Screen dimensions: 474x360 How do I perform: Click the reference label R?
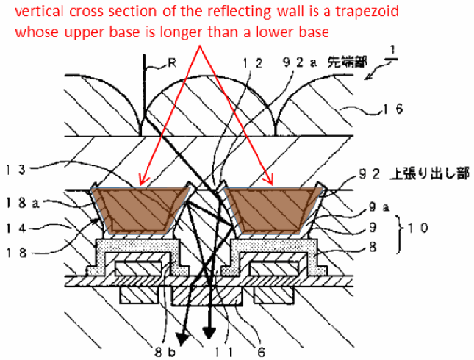(172, 63)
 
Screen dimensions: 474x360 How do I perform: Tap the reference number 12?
(253, 63)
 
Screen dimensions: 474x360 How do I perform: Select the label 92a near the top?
(300, 62)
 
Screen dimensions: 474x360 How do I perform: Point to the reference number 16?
(393, 109)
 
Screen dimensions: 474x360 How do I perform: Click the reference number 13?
(15, 170)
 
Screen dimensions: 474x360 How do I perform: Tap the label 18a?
(23, 203)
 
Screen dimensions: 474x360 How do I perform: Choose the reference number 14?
(15, 228)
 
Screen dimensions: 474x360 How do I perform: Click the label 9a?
(378, 206)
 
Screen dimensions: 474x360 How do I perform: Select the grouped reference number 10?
(418, 228)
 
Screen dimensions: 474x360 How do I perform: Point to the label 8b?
(165, 353)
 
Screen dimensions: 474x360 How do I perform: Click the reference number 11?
(224, 353)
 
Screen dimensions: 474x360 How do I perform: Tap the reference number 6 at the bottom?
(261, 353)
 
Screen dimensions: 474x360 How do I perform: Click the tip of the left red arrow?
(140, 184)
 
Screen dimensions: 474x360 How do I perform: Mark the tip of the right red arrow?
(272, 184)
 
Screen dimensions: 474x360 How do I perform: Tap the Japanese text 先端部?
(348, 62)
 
